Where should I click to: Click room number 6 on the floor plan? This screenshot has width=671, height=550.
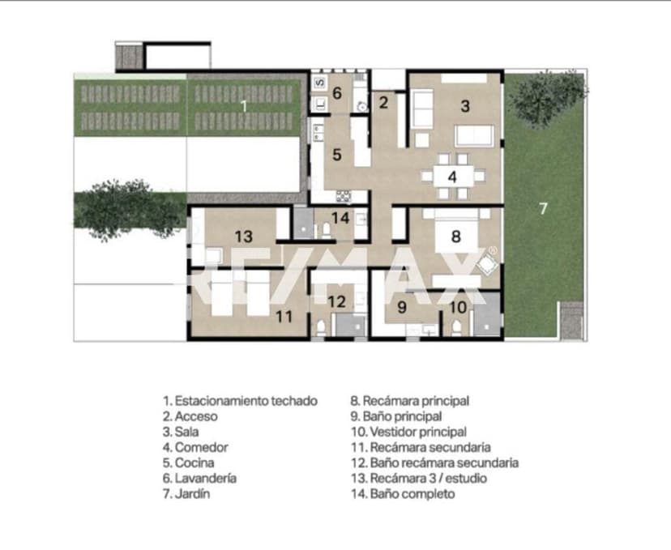click(337, 93)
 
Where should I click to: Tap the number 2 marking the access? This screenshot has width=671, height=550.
click(383, 102)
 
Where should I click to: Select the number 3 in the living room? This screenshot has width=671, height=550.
click(465, 105)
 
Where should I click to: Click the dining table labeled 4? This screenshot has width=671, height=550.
click(453, 177)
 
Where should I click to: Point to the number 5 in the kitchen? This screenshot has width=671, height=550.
click(337, 155)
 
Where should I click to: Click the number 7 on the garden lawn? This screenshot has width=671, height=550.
click(543, 208)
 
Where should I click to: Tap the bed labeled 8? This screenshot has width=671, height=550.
click(456, 233)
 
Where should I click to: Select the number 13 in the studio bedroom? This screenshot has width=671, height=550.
click(244, 236)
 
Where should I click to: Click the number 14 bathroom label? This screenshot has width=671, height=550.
click(340, 218)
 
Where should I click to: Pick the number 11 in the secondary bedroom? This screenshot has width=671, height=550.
click(284, 317)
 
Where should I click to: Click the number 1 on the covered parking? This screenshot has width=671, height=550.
click(244, 105)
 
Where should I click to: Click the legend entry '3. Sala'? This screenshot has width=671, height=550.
click(181, 432)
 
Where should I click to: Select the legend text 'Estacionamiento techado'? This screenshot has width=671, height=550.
click(246, 401)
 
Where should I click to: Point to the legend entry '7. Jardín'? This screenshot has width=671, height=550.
click(186, 493)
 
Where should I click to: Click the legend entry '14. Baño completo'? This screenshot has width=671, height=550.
click(403, 493)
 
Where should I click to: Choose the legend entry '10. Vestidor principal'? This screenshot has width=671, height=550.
click(408, 432)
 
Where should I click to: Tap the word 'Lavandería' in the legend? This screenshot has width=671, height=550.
click(205, 478)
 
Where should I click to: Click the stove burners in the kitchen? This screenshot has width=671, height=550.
click(344, 196)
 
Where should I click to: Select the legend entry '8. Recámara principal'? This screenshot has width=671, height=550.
click(409, 401)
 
